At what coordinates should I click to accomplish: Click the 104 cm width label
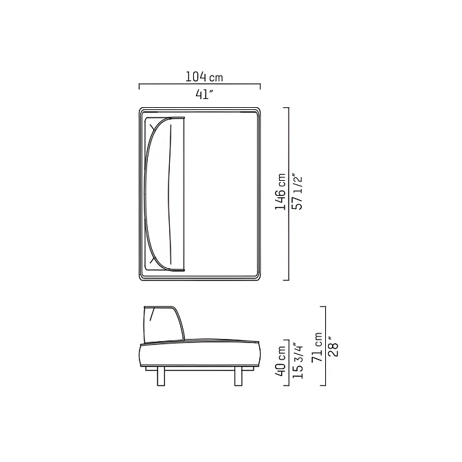pos(204,77)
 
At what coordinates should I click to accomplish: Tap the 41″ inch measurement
pos(204,94)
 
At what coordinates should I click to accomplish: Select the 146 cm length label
pos(280,192)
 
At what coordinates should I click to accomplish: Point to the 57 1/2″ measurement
pos(297,193)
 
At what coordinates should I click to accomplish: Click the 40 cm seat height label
pos(280,361)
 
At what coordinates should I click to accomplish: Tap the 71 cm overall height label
pos(317,347)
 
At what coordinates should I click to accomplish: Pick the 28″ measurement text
pos(334,347)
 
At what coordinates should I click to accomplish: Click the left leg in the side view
pos(161,376)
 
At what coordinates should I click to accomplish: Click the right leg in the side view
pos(239,376)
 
